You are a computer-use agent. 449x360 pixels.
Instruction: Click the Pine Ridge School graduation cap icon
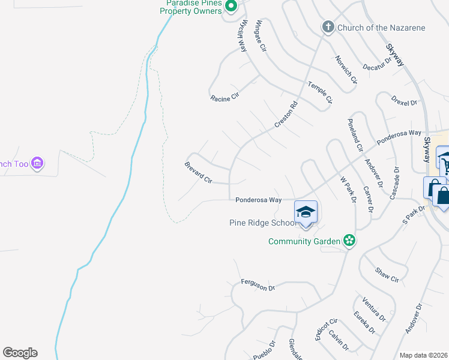click(306, 212)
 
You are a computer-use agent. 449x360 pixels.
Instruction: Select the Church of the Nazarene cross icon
click(328, 27)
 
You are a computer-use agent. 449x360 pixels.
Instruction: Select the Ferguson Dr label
click(258, 284)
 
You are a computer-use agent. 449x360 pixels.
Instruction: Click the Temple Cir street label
click(320, 93)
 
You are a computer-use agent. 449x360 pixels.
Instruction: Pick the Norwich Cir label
click(346, 69)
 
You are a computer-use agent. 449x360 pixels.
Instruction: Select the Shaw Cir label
click(387, 275)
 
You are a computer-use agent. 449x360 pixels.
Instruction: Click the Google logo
click(20, 353)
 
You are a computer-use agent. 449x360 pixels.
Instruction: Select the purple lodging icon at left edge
click(37, 163)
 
